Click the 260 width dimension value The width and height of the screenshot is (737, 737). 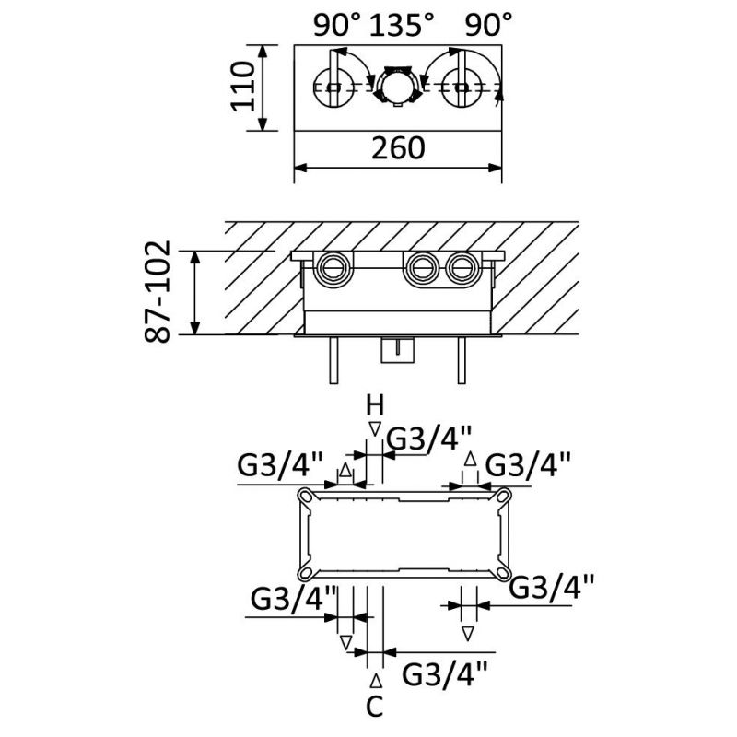pyautogui.click(x=399, y=147)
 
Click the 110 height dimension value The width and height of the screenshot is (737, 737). pyautogui.click(x=241, y=87)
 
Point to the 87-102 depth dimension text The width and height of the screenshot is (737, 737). pyautogui.click(x=158, y=292)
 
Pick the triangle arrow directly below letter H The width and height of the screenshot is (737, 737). pyautogui.click(x=373, y=428)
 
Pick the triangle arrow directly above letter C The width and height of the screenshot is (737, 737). pyautogui.click(x=374, y=681)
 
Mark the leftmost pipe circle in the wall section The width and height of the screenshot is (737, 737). pyautogui.click(x=333, y=269)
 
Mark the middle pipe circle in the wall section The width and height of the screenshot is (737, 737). pyautogui.click(x=422, y=269)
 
